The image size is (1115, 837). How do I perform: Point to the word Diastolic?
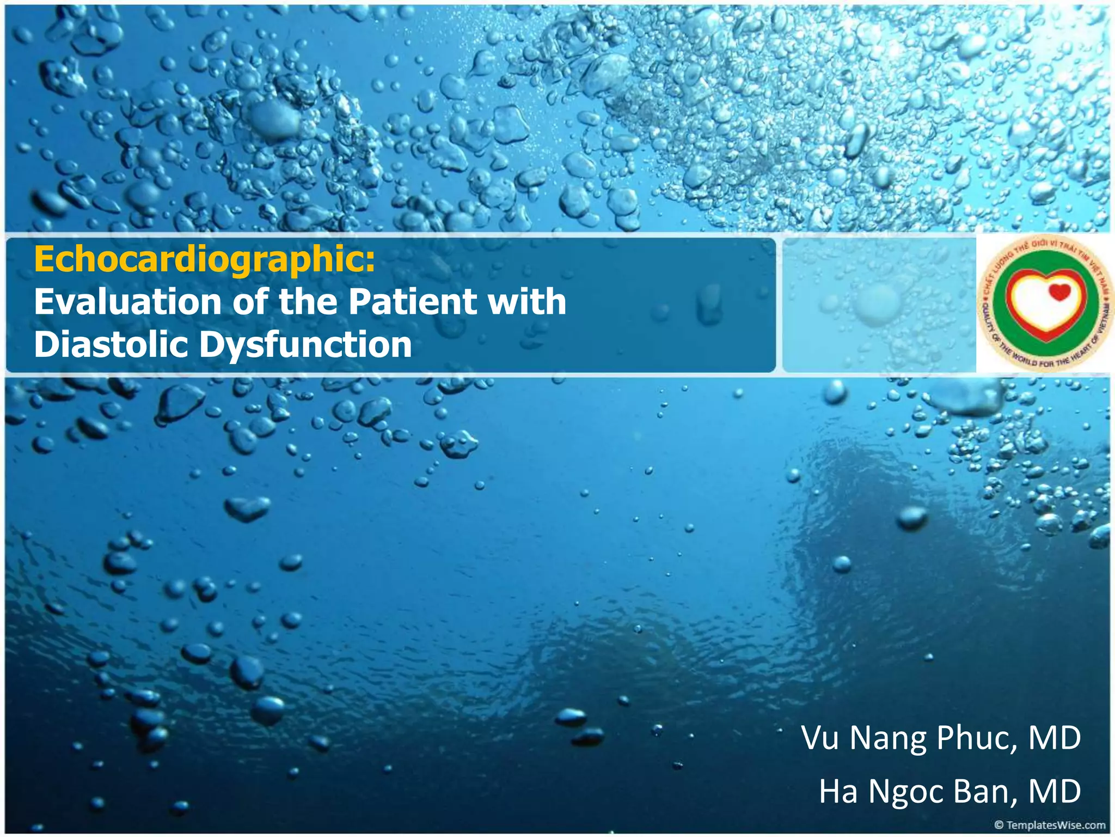(114, 345)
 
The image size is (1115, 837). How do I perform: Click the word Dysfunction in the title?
(305, 345)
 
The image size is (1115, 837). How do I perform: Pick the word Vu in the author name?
(820, 738)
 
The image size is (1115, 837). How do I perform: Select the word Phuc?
(977, 738)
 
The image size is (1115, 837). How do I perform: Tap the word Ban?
(985, 792)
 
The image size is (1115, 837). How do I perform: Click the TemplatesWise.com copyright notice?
(1050, 825)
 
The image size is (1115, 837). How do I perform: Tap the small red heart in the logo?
(1059, 293)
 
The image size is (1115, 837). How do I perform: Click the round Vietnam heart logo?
(1044, 303)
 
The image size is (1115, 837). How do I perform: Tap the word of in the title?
(250, 302)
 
